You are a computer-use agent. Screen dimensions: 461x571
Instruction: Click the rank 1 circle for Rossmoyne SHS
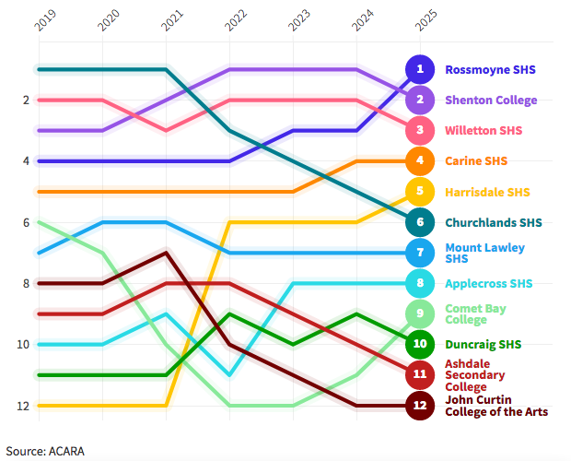coord(420,69)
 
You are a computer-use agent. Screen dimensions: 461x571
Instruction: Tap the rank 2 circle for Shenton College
coord(420,100)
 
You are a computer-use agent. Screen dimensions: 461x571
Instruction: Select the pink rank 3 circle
coord(420,130)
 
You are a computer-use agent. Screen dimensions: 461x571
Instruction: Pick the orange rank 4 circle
coord(420,160)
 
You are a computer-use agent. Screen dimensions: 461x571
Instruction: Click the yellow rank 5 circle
coord(420,192)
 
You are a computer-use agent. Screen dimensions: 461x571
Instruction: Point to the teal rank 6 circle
coord(420,222)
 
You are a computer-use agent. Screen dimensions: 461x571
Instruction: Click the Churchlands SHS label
coord(493,222)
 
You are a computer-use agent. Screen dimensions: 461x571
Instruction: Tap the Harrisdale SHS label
coord(487,192)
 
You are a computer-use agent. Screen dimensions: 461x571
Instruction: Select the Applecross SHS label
coord(489,283)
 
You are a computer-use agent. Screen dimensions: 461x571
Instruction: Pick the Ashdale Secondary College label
coord(475,375)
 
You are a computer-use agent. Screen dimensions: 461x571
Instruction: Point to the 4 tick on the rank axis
coord(26,160)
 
